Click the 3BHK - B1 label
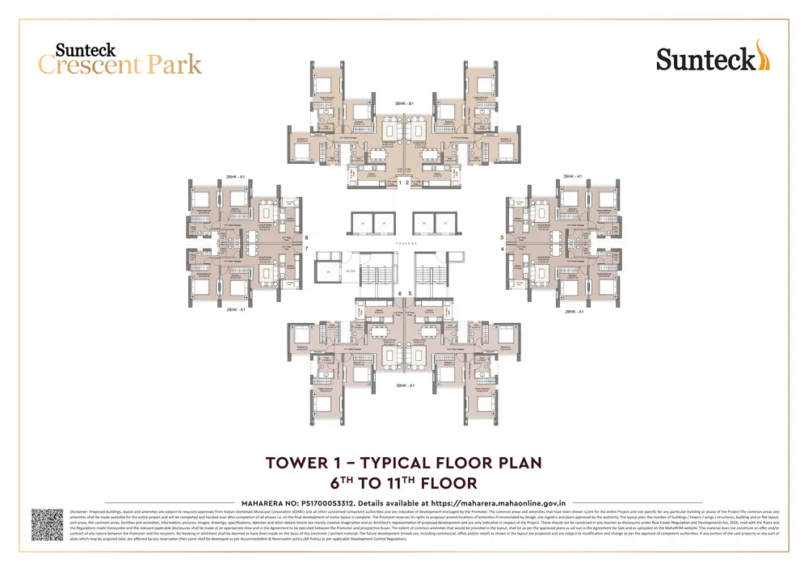click(404, 104)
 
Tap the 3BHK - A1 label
click(404, 386)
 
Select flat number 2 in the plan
click(410, 183)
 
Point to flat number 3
click(502, 238)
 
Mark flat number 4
click(502, 249)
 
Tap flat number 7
click(307, 249)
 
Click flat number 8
click(307, 238)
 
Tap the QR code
click(47, 525)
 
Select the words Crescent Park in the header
click(120, 65)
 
